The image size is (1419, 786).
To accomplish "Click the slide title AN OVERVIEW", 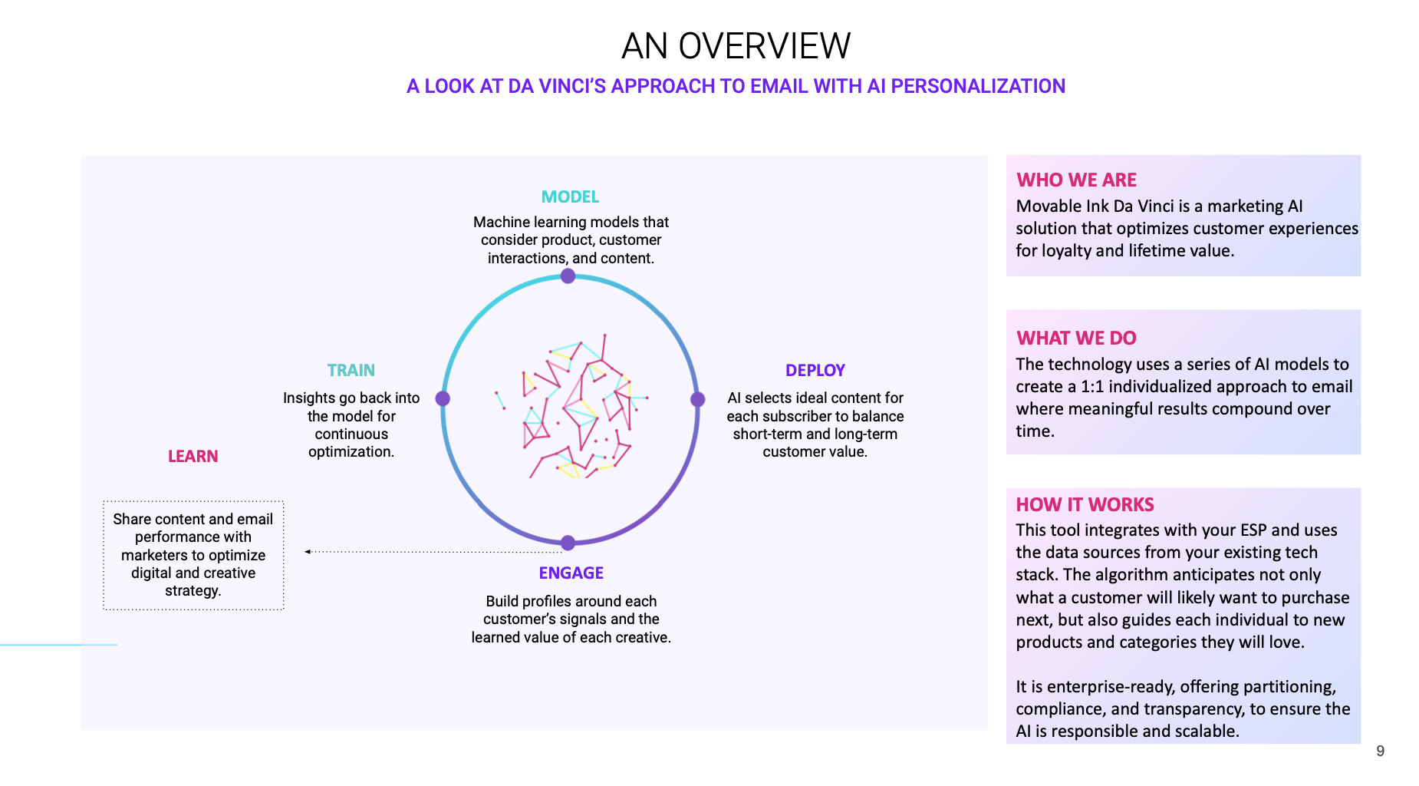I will (x=736, y=46).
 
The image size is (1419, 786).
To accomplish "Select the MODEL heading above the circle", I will (x=570, y=197).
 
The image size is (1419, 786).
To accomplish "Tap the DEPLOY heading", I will (x=815, y=371).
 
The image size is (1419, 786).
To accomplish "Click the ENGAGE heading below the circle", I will (x=571, y=573).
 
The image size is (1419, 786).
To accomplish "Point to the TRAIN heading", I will (x=351, y=371).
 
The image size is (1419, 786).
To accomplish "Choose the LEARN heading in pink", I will (x=193, y=457).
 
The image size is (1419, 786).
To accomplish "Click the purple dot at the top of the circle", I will (x=568, y=276).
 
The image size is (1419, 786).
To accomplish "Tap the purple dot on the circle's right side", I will (x=697, y=399).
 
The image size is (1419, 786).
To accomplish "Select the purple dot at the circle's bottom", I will (x=568, y=543).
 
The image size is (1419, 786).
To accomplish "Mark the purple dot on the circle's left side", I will (x=443, y=398).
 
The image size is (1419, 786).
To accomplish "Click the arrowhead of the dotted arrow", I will (x=308, y=552).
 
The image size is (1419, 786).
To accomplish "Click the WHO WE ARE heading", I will (x=1076, y=180).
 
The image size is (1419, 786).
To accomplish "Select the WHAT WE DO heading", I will (x=1076, y=339).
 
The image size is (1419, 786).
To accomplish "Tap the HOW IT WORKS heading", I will (x=1085, y=505).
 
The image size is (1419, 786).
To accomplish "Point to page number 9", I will (x=1380, y=751).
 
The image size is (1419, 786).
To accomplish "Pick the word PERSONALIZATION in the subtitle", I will (x=978, y=87).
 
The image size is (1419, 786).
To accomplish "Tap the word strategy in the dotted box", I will (x=192, y=591).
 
